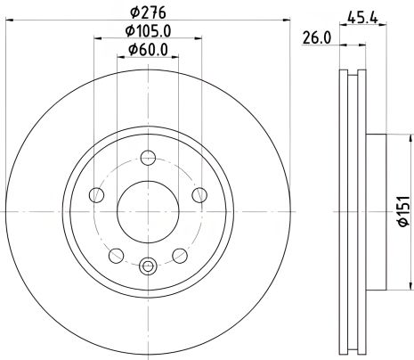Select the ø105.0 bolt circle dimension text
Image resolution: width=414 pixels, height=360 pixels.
pos(148,33)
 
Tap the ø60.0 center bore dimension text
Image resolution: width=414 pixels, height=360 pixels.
pos(148,50)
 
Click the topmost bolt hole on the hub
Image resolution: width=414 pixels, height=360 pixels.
pos(149,162)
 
